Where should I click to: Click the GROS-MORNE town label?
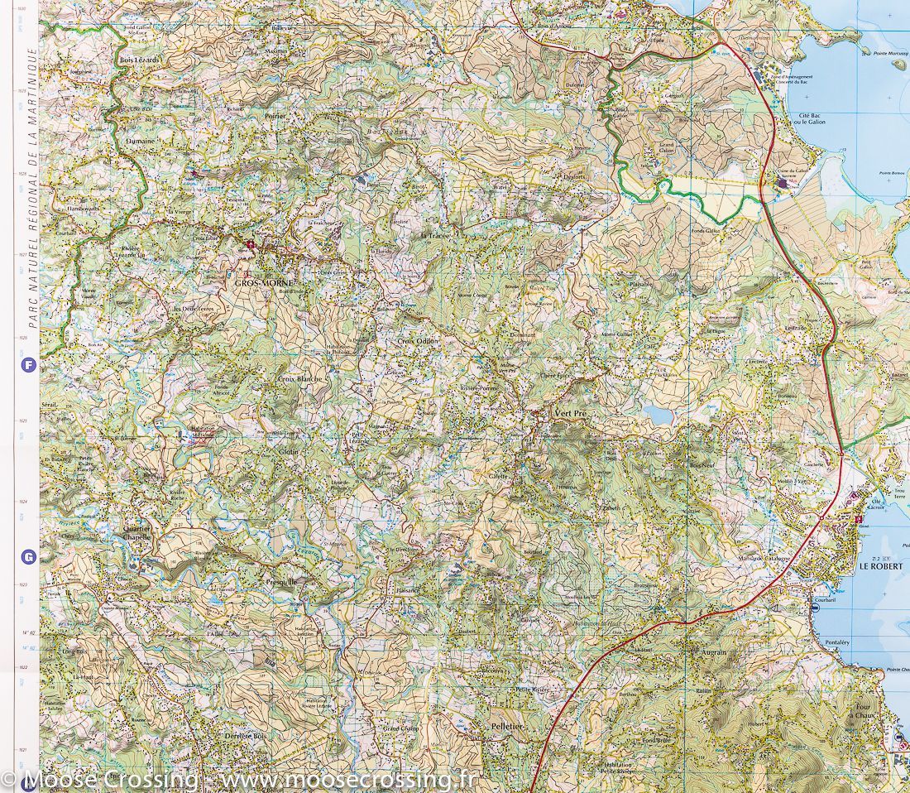(258, 283)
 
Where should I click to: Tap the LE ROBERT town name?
(881, 566)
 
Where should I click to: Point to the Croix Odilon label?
(419, 341)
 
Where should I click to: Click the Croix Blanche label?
(299, 378)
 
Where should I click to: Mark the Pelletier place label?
(509, 725)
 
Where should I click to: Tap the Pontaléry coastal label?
(837, 642)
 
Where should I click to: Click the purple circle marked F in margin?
(30, 363)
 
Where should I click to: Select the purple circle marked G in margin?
(30, 557)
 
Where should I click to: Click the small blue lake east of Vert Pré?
(659, 414)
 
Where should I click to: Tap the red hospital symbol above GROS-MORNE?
(251, 244)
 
